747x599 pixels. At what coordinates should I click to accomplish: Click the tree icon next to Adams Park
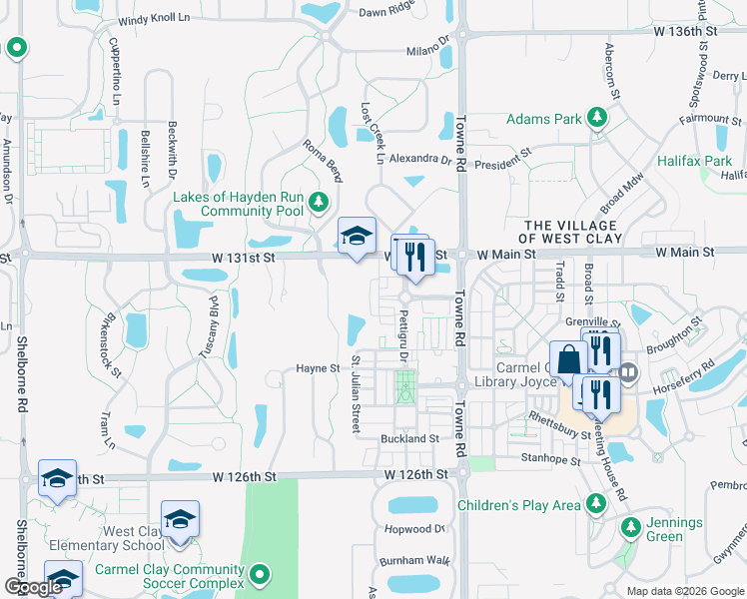point(597,119)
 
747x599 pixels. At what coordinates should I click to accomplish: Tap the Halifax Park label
point(694,161)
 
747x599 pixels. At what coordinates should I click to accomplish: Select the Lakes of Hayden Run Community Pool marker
point(319,204)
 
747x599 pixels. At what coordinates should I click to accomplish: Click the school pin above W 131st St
point(357,238)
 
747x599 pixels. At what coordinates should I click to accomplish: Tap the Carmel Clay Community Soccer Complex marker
point(260,574)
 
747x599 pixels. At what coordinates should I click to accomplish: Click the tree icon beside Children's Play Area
point(597,505)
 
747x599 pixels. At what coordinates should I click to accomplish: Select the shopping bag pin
point(567,361)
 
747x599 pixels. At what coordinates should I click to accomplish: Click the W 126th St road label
point(244,477)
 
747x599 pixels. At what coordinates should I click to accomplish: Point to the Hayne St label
point(318,368)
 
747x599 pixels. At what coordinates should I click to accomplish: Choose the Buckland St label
point(409,438)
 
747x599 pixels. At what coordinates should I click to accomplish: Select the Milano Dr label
point(428,52)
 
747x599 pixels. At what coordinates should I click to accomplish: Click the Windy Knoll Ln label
point(153,19)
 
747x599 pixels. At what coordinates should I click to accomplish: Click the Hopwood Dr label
point(411,528)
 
